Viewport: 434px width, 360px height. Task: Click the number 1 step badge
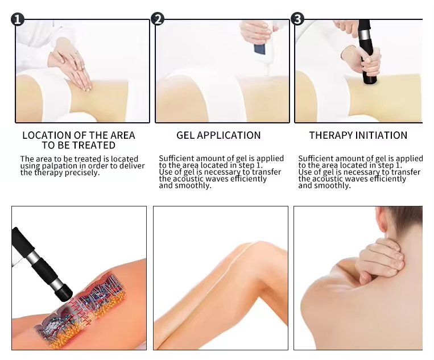18,19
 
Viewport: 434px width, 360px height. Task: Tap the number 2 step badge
158,19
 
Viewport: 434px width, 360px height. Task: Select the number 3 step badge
297,19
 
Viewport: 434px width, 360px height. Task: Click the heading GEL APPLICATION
218,135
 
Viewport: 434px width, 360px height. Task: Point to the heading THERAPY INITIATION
358,135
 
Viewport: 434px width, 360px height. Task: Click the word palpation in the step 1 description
58,166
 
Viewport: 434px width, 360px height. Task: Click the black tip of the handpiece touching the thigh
64,293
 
